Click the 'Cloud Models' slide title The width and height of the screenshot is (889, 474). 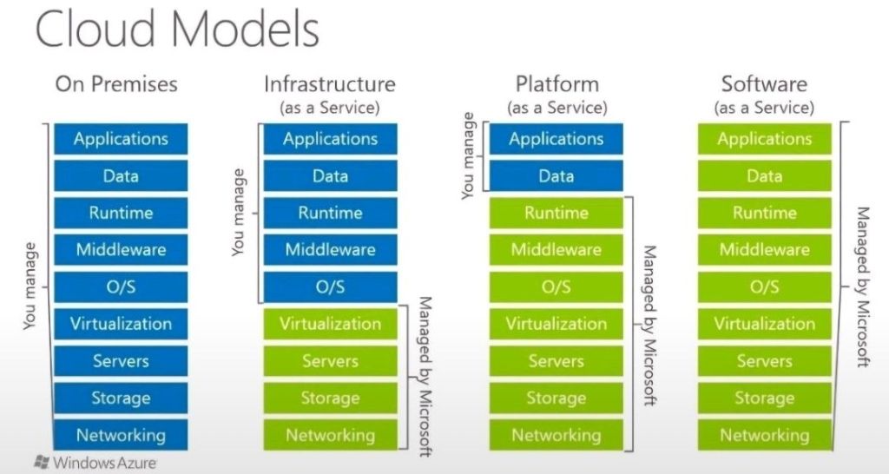point(177,30)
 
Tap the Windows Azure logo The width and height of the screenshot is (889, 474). point(95,462)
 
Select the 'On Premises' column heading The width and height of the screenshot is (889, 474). point(116,84)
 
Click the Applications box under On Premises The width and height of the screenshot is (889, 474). point(121,139)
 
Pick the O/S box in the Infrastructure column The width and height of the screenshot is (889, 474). point(330,286)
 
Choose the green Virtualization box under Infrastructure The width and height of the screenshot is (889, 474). point(330,324)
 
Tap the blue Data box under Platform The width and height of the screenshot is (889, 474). point(556,175)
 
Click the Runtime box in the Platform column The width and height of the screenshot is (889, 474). point(556,213)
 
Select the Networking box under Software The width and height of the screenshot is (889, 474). point(764,435)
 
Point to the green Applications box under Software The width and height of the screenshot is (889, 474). point(764,139)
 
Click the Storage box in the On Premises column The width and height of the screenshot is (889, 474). point(121,398)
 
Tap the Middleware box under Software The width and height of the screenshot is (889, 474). point(764,250)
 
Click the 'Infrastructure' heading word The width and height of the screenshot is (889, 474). point(330,84)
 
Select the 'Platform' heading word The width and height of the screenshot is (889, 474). point(556,84)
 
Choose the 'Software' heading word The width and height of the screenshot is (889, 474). point(764,84)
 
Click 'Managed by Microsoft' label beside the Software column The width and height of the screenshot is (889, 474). point(863,286)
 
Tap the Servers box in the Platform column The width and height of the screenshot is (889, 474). point(556,361)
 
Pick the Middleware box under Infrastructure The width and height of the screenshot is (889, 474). point(330,250)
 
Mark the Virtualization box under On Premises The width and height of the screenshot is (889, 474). point(121,324)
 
